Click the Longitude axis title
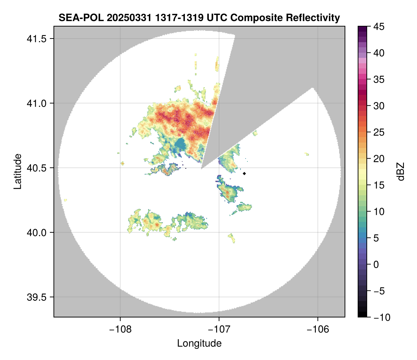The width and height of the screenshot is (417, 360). [199, 343]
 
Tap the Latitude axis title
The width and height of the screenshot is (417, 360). [17, 171]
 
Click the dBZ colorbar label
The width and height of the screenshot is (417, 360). [401, 172]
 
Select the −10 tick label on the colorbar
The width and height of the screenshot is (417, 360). [381, 317]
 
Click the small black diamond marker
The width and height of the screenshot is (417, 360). [245, 173]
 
